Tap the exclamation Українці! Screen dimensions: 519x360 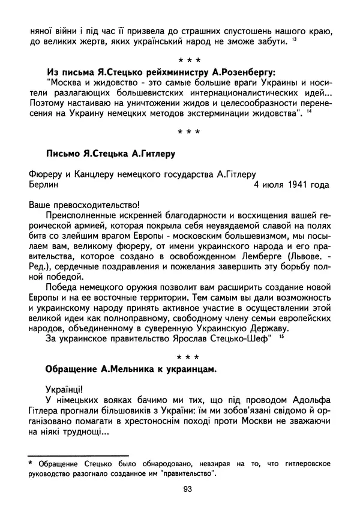tap(67, 388)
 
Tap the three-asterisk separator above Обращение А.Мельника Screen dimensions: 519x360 tap(187, 356)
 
